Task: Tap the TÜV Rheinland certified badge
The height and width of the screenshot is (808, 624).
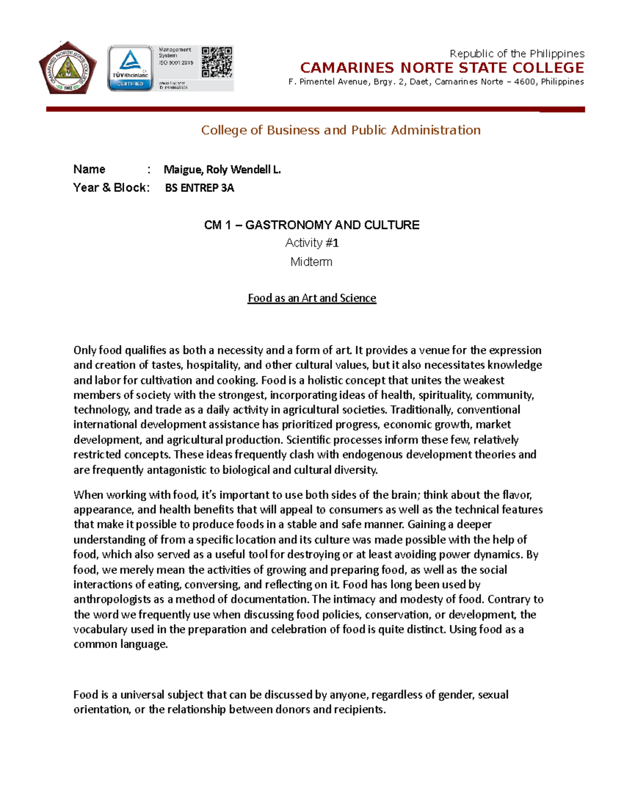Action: click(130, 68)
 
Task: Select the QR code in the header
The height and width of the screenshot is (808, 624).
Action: click(217, 62)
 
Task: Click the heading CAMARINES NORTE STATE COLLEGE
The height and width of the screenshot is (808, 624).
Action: click(442, 68)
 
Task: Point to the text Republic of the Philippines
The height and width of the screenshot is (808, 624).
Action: click(516, 54)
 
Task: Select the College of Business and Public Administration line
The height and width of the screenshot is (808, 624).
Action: click(341, 130)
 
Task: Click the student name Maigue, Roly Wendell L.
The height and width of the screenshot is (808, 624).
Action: click(222, 170)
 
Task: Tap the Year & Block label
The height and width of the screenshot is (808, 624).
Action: click(111, 188)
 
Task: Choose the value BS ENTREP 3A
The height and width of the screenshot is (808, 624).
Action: click(199, 188)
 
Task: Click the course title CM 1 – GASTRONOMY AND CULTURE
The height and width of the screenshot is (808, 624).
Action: click(311, 225)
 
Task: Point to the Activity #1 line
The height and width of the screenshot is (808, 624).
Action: click(311, 243)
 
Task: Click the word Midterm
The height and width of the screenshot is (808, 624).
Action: click(311, 262)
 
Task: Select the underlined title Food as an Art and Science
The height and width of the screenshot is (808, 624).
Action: click(311, 298)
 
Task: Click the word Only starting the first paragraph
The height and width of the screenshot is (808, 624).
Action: click(85, 350)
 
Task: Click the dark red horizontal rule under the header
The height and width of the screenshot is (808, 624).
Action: click(315, 109)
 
